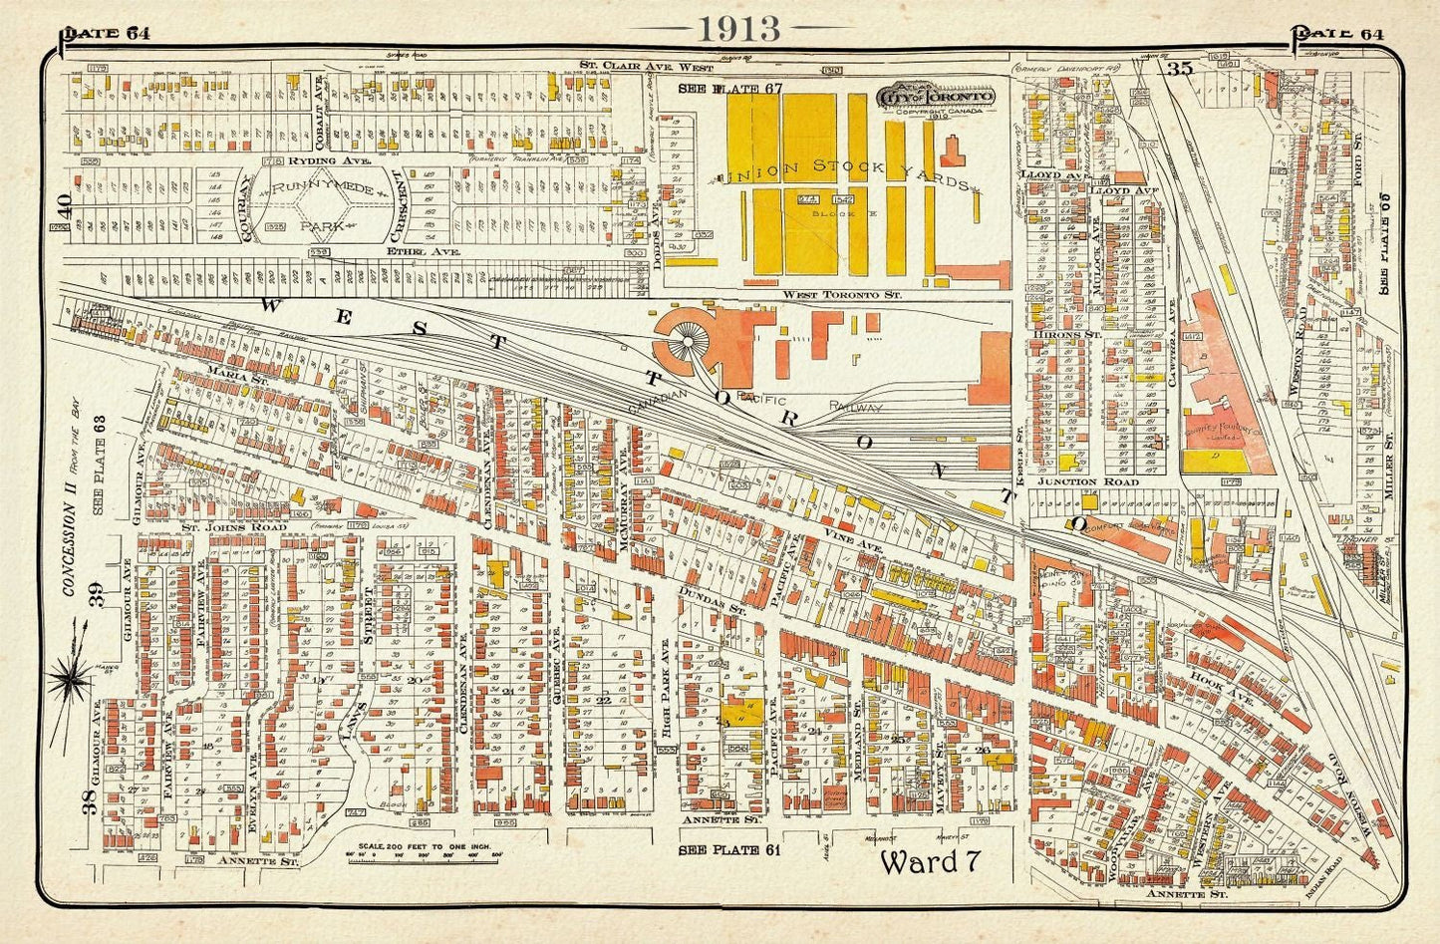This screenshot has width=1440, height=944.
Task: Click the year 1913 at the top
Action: [x=738, y=28]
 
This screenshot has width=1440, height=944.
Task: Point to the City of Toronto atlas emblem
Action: [x=936, y=99]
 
